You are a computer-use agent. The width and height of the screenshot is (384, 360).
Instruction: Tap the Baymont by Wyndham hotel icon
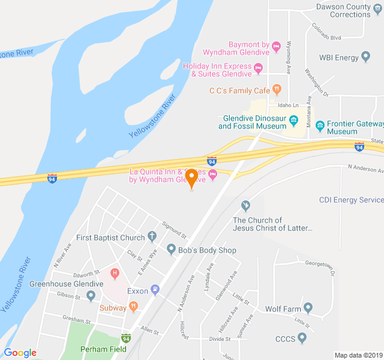click(276, 46)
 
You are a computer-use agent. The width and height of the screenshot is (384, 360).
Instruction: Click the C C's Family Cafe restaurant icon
click(277, 89)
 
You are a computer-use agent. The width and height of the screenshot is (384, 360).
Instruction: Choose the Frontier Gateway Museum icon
click(320, 126)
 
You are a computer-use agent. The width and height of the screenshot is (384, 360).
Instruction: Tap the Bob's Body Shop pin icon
click(171, 249)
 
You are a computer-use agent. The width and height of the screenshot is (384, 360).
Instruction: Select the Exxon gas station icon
click(155, 290)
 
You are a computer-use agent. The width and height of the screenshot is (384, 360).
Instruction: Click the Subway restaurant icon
click(133, 307)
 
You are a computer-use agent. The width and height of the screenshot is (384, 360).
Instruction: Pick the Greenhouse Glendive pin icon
click(91, 295)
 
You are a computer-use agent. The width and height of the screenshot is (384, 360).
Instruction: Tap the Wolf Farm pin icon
click(308, 308)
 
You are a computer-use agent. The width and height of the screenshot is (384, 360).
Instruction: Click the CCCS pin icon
click(302, 338)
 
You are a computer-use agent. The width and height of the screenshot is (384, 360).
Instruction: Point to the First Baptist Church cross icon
click(152, 236)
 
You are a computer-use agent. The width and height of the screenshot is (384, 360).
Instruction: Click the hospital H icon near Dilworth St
click(115, 274)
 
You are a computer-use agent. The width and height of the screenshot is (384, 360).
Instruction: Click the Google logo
click(20, 353)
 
